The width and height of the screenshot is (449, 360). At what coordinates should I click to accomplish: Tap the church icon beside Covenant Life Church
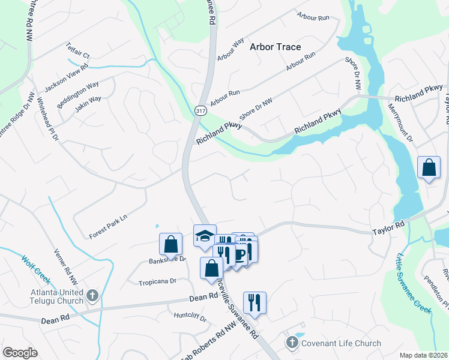[x=292, y=343]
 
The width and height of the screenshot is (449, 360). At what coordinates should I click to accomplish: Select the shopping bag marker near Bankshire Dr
[x=170, y=244]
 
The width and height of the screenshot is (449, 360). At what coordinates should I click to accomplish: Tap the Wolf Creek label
[x=35, y=271]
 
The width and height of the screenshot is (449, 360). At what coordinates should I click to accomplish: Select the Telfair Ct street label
[x=77, y=55]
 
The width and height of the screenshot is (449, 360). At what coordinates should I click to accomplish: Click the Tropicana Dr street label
[x=157, y=281]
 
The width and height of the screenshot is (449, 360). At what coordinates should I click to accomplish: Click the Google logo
[x=19, y=353]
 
